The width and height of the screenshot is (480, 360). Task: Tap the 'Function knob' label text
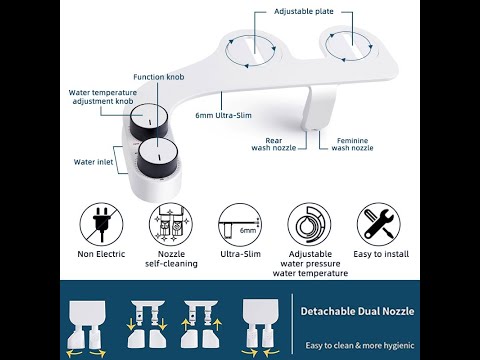pyautogui.click(x=160, y=77)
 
